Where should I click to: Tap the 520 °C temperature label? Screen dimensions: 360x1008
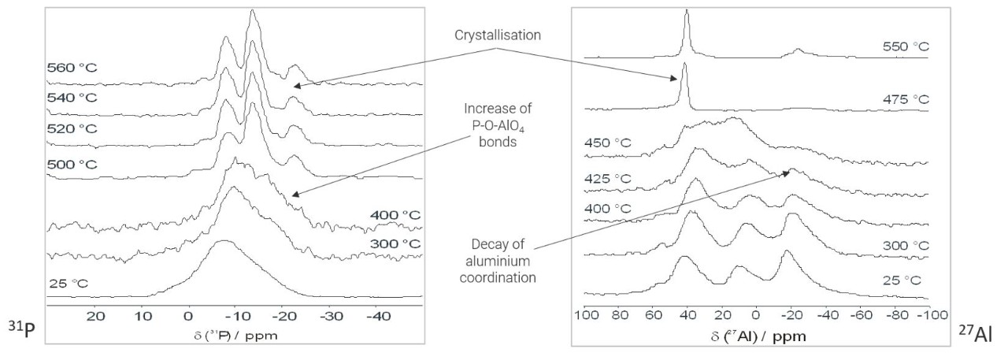[x=71, y=128]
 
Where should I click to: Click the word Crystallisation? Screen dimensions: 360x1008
[x=498, y=36]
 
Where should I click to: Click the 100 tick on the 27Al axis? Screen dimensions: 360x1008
[x=584, y=317]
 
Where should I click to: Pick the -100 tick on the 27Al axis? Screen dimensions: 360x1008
[x=926, y=317]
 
